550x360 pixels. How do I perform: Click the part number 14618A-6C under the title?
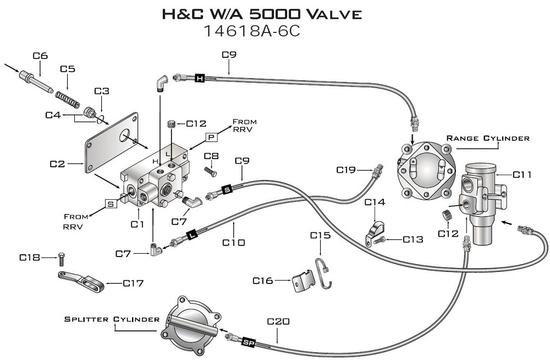[x=252, y=31]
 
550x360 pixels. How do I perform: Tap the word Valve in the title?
[x=334, y=14]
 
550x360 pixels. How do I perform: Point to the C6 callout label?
[x=40, y=56]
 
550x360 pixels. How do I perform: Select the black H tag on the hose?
[x=200, y=78]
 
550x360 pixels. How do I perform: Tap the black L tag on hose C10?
[x=192, y=234]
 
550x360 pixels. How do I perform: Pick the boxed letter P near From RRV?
[x=211, y=137]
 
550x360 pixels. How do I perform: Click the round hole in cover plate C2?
[x=124, y=135]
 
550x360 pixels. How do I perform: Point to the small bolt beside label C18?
[x=62, y=259]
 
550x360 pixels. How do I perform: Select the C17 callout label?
[x=133, y=283]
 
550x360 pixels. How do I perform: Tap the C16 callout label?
[x=262, y=281]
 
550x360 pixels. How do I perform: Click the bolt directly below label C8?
[x=211, y=172]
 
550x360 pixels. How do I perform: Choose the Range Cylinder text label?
[x=488, y=138]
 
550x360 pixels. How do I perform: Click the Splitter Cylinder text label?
[x=112, y=319]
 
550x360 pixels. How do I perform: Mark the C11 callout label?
[x=522, y=174]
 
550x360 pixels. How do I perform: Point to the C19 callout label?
[x=346, y=170]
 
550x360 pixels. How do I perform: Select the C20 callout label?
[x=278, y=321]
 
